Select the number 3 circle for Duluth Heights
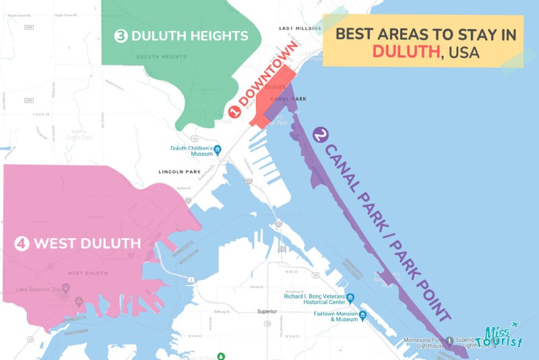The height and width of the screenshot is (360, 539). (121, 36)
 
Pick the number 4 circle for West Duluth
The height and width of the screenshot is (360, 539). (22, 243)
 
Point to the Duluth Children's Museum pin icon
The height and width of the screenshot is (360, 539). (218, 149)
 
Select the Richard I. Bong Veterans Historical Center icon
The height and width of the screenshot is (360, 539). (350, 298)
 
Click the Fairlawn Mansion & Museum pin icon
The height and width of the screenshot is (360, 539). (362, 315)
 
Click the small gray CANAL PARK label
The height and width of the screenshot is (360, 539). (288, 99)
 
